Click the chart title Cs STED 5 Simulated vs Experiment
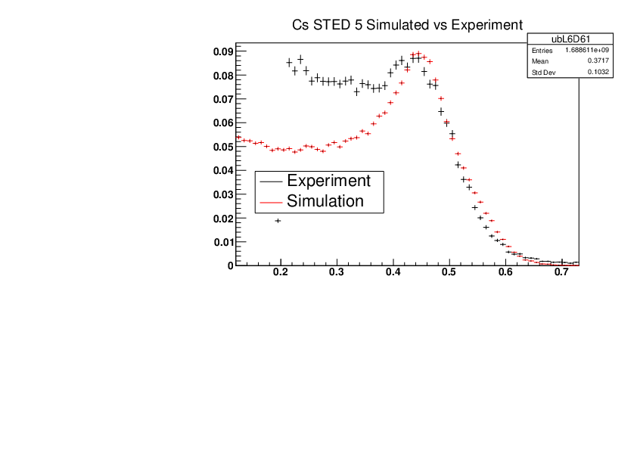[x=408, y=25]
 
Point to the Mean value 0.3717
[x=599, y=61]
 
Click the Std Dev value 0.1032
[x=599, y=73]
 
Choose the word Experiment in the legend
[x=328, y=182]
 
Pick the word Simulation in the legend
[x=325, y=201]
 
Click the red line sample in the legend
[x=271, y=202]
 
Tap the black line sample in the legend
[x=271, y=182]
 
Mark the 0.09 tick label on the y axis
[x=222, y=51]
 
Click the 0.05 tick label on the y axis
[x=222, y=147]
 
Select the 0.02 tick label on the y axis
[x=222, y=219]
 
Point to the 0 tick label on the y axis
[x=229, y=265]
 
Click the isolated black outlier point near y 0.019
[x=278, y=221]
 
